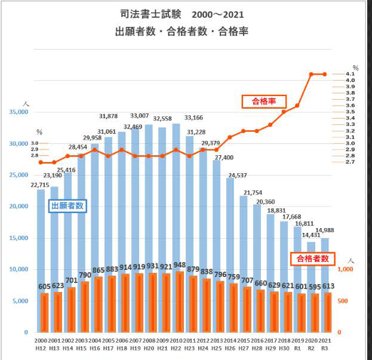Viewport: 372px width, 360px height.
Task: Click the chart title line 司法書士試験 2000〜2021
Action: click(182, 13)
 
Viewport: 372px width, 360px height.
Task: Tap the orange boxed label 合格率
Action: click(263, 101)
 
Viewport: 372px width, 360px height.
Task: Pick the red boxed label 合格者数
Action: click(312, 259)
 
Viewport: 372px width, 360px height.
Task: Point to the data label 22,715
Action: click(41, 184)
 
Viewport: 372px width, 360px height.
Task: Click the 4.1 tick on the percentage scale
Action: click(351, 74)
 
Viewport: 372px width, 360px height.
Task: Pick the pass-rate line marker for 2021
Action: click(325, 74)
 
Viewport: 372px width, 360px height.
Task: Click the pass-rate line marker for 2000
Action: click(41, 162)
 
